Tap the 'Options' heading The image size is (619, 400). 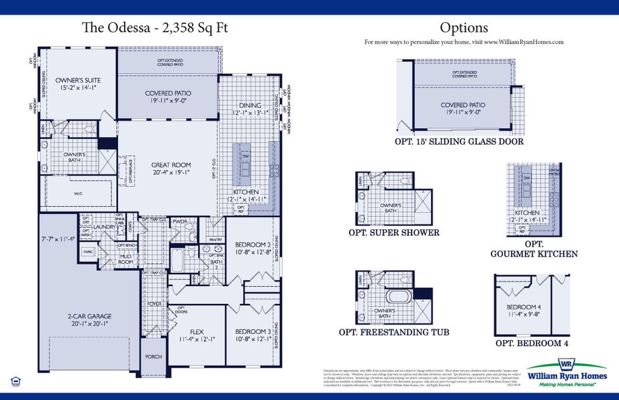464,27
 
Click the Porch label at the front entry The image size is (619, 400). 153,357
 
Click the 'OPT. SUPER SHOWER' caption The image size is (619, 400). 394,233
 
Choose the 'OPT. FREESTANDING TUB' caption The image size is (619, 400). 394,332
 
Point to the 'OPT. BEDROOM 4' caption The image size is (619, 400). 532,343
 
